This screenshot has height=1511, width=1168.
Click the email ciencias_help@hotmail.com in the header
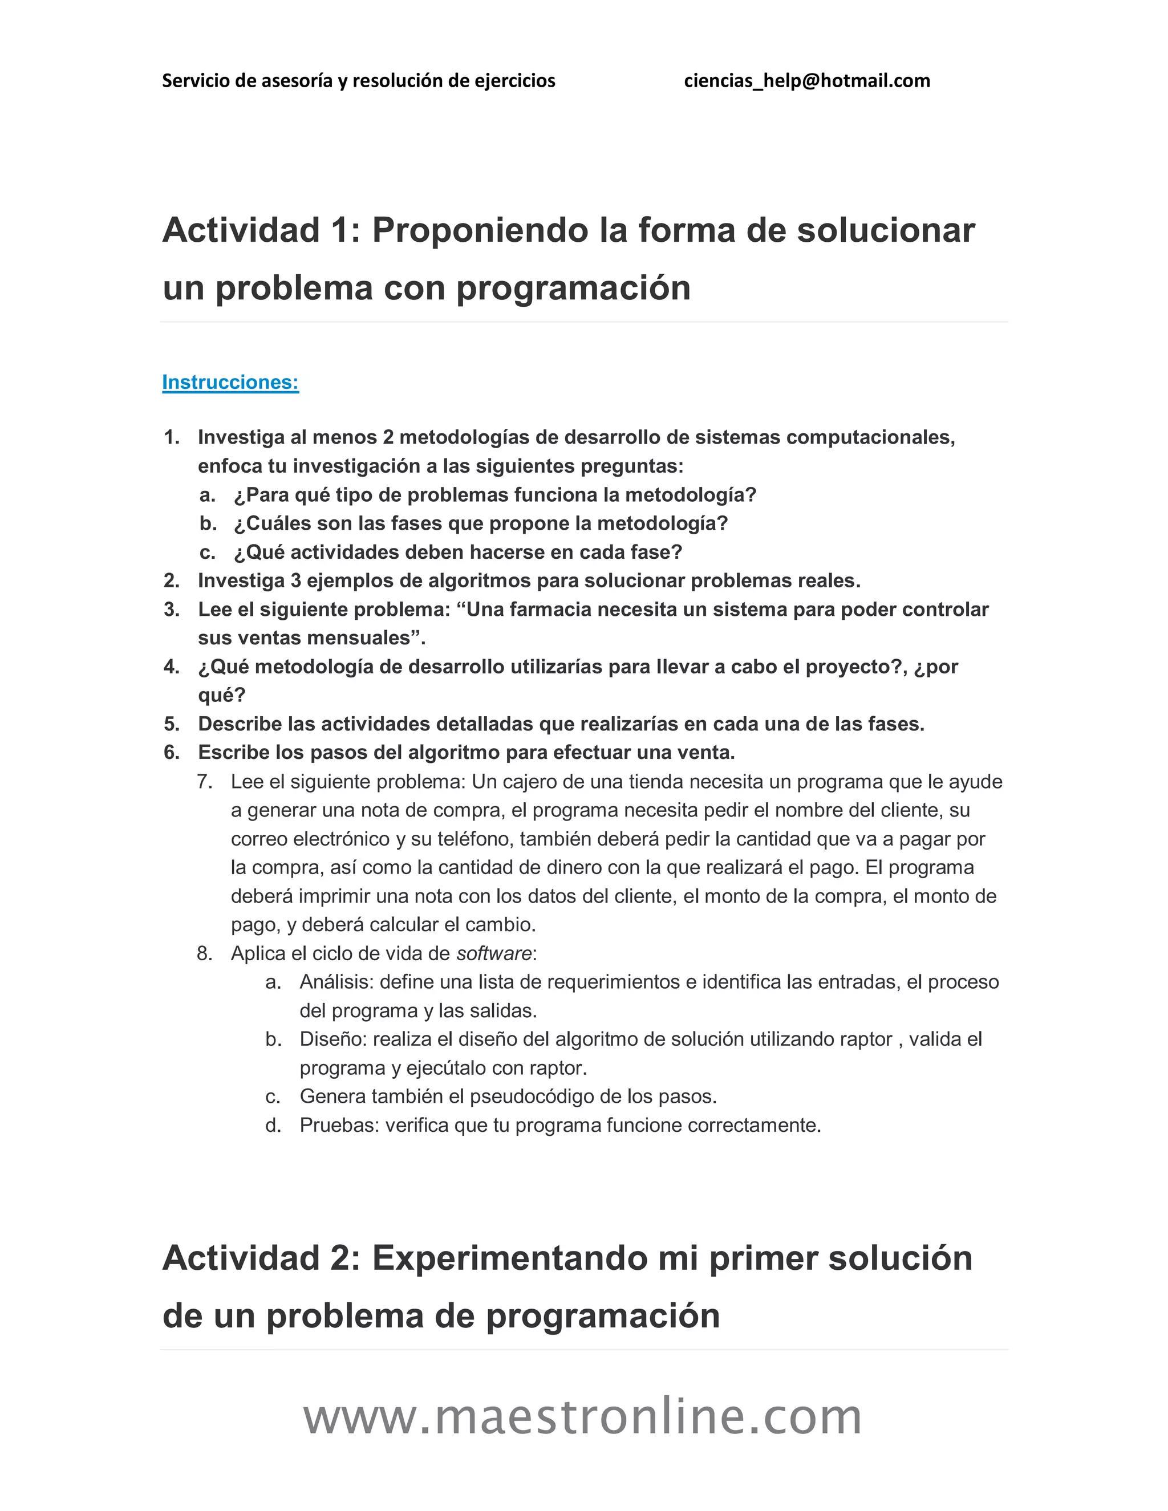point(807,81)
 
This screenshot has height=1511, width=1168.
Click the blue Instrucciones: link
point(230,382)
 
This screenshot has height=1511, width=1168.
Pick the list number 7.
point(204,782)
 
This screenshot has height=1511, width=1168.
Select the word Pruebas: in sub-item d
point(339,1125)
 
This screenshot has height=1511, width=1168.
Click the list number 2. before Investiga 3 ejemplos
point(172,580)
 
